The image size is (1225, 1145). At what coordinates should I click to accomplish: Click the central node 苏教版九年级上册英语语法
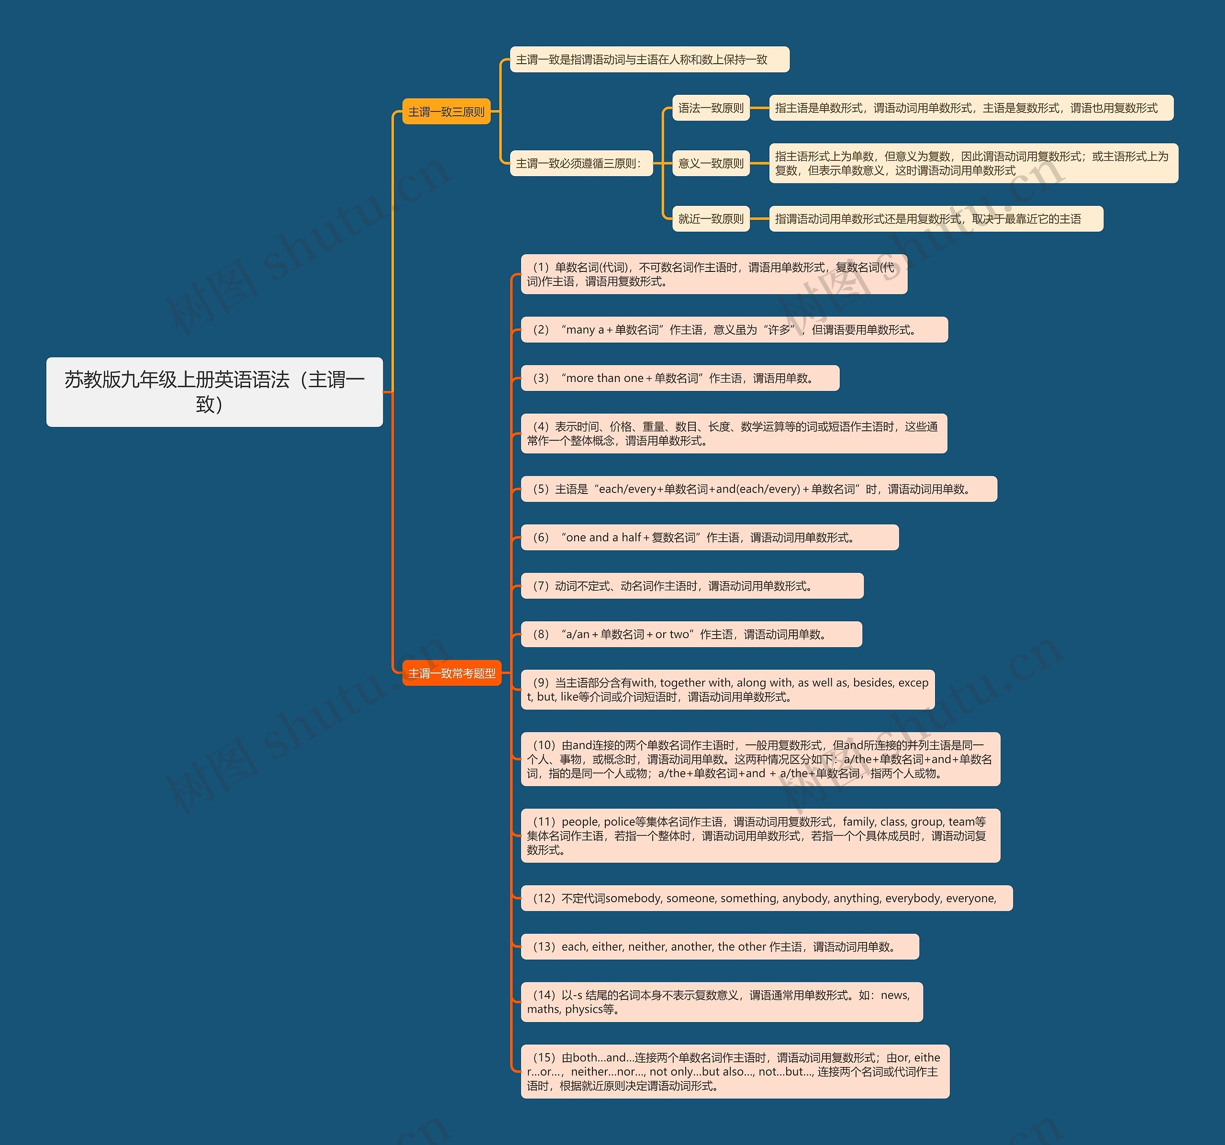214,392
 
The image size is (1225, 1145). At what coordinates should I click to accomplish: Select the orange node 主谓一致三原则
446,112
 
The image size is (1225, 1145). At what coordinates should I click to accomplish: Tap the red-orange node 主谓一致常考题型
452,673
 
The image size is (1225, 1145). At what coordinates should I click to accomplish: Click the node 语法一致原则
711,108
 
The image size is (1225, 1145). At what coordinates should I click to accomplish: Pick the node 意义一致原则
711,163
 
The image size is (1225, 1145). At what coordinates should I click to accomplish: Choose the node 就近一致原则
711,219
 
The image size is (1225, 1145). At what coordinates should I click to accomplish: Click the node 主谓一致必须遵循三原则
580,163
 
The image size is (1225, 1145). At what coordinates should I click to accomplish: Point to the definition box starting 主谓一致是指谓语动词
649,59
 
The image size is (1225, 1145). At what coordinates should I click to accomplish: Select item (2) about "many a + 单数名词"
733,330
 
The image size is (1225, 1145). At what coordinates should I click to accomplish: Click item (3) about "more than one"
679,378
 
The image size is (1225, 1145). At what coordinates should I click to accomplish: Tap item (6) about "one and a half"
709,538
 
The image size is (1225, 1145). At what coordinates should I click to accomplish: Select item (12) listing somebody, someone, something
766,898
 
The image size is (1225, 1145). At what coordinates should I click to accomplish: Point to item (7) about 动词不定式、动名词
691,585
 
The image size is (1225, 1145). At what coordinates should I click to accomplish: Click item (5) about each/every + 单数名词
758,489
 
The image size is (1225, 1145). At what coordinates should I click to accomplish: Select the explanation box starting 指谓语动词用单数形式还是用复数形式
935,219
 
